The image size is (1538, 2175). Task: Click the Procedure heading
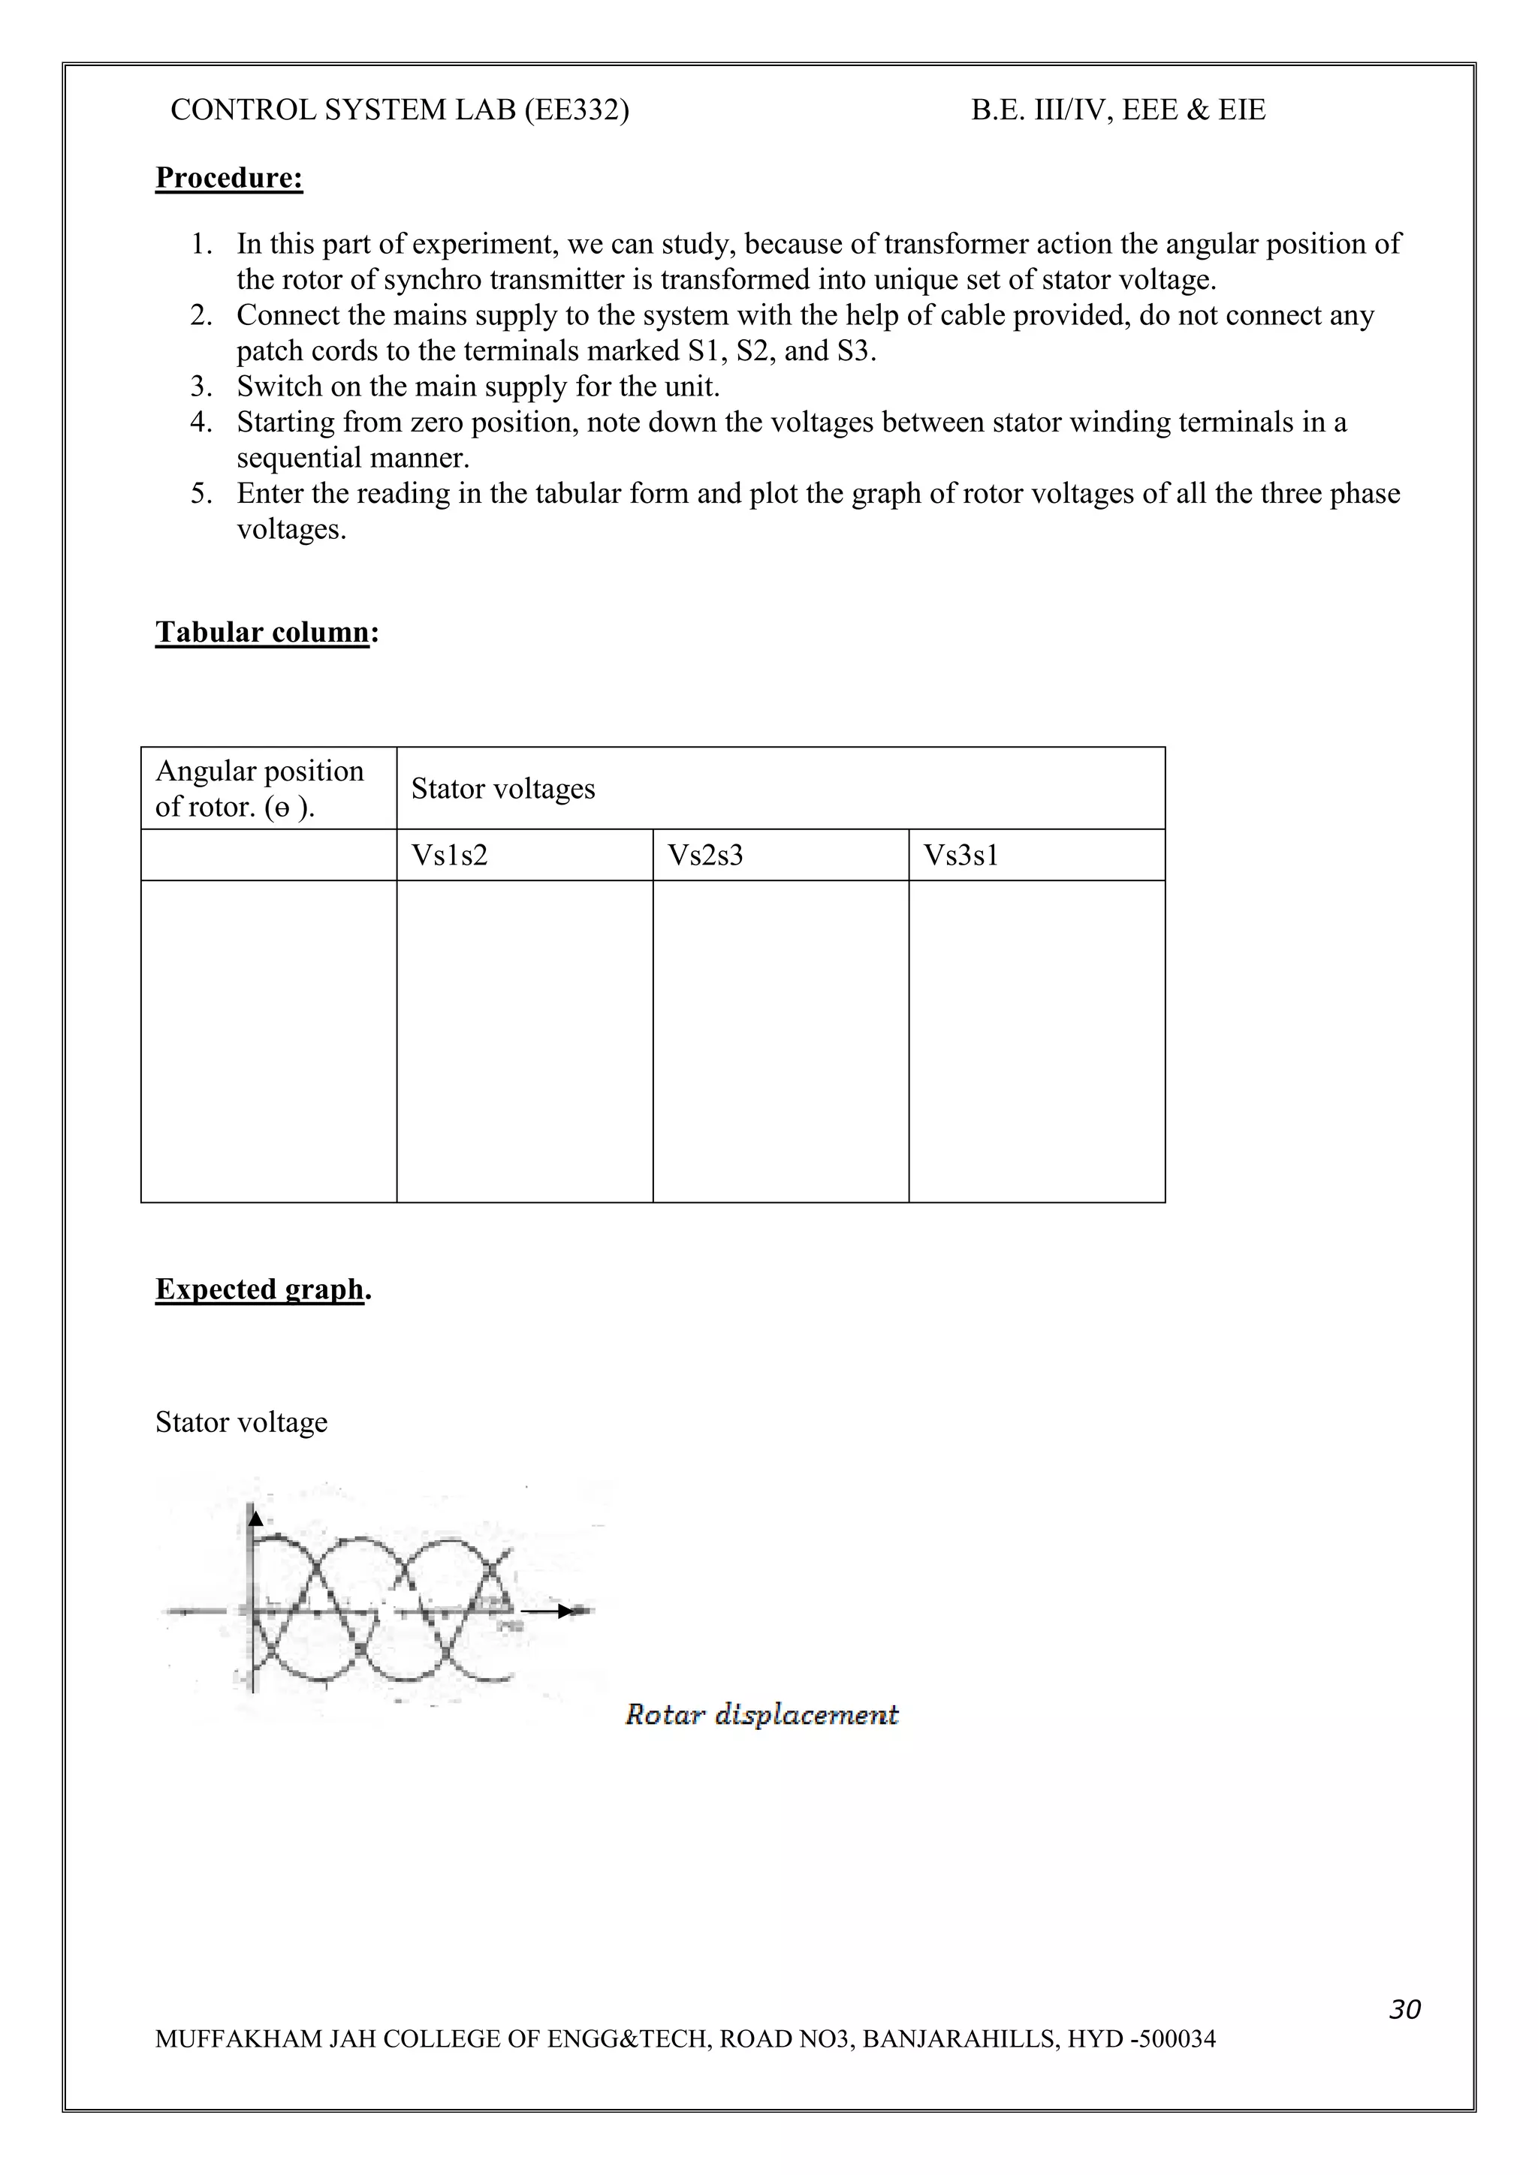[228, 178]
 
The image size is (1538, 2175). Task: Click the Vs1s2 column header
[449, 856]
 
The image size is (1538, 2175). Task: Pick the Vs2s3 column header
[705, 856]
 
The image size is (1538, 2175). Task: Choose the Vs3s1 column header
[961, 856]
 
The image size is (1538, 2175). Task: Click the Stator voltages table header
[503, 788]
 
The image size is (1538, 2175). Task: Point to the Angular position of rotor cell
[260, 788]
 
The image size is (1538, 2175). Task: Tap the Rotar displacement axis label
[761, 1715]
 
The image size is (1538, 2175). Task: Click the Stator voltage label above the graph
[241, 1422]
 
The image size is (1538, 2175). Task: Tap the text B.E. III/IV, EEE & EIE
[1117, 110]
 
